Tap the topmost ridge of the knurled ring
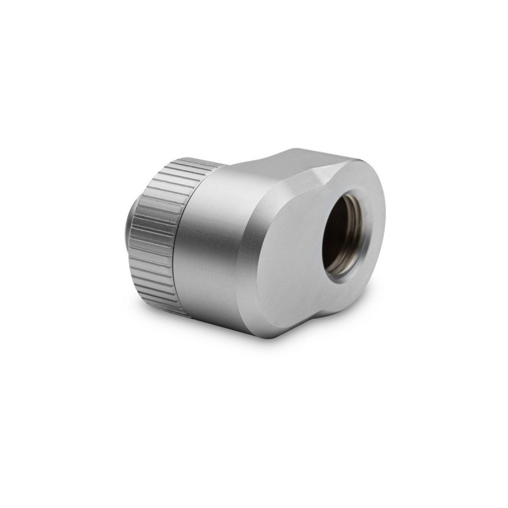tap(190, 160)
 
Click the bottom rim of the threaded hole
tap(344, 274)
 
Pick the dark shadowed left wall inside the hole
tap(330, 235)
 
